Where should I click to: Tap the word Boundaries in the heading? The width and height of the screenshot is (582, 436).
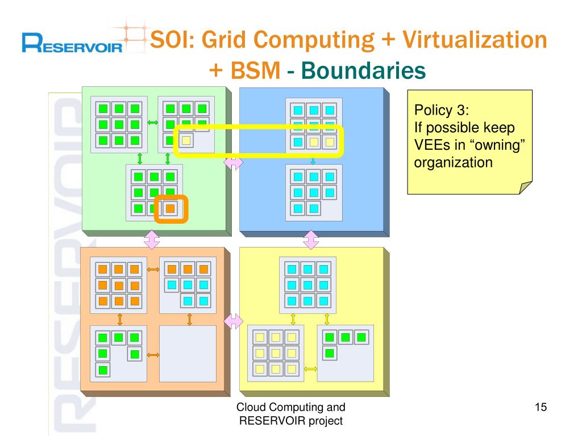tap(363, 71)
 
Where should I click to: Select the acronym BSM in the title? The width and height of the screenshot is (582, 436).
tap(253, 71)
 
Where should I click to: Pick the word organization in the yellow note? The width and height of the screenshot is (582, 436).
tap(453, 163)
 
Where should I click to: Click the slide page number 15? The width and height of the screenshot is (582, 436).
tap(541, 407)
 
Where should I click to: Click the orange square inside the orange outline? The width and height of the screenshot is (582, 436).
tap(171, 208)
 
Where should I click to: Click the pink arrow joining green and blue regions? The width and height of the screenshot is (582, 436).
tap(234, 163)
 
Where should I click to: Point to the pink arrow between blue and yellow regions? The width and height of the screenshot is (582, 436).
tap(311, 240)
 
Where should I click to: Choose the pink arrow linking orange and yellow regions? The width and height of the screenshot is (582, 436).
tap(233, 321)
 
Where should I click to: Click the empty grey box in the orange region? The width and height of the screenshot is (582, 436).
tap(188, 353)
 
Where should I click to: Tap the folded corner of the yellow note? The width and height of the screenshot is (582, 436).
tap(526, 188)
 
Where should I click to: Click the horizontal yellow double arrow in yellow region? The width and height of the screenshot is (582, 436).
tap(310, 369)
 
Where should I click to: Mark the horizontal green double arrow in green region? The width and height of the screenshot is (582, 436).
tap(152, 123)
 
